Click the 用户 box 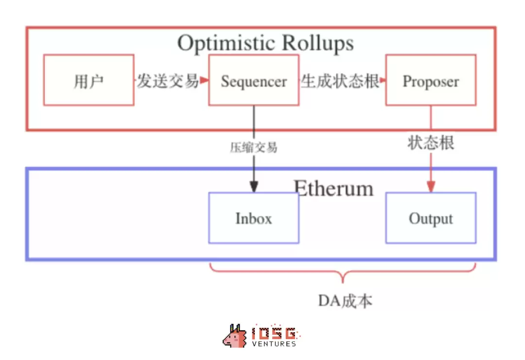(x=88, y=80)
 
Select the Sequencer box (x=253, y=80)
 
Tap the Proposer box (x=431, y=80)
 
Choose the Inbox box (x=253, y=218)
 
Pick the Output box (x=431, y=218)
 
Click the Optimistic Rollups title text (x=265, y=43)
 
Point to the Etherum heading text (x=333, y=188)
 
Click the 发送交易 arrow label (x=167, y=81)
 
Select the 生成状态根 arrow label (x=340, y=81)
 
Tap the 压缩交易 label (x=253, y=148)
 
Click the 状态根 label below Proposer (x=431, y=143)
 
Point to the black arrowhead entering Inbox (x=253, y=187)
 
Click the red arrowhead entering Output (x=431, y=187)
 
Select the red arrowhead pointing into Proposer (x=383, y=80)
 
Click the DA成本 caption (x=345, y=301)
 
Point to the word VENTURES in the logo (x=274, y=344)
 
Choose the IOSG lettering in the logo (x=274, y=333)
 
